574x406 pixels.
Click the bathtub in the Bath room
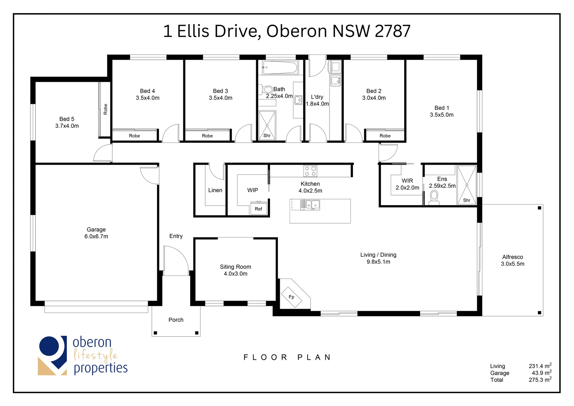(x=280, y=68)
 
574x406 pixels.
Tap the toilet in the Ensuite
(x=434, y=197)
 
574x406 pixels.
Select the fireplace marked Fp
(x=292, y=297)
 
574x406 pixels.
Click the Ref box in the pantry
(x=258, y=209)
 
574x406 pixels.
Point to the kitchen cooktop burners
(x=310, y=171)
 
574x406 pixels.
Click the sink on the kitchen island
(x=312, y=205)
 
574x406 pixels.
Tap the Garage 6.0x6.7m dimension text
(x=96, y=236)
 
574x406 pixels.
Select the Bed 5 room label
(x=67, y=119)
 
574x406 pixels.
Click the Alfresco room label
(x=512, y=257)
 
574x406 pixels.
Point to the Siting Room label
(x=236, y=267)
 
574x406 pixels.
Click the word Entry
(x=176, y=236)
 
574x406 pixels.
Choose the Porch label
(x=176, y=320)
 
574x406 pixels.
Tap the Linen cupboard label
(x=215, y=190)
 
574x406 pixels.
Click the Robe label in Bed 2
(x=385, y=136)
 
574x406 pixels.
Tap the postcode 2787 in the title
(x=393, y=31)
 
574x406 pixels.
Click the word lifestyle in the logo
(x=95, y=355)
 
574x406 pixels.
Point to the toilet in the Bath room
(x=267, y=89)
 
